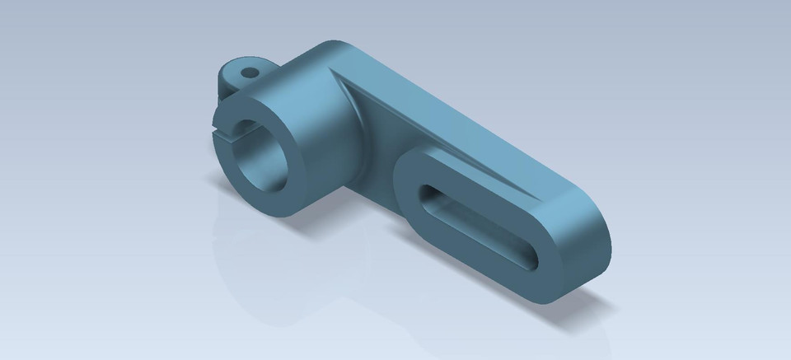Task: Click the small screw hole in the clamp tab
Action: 247,72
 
